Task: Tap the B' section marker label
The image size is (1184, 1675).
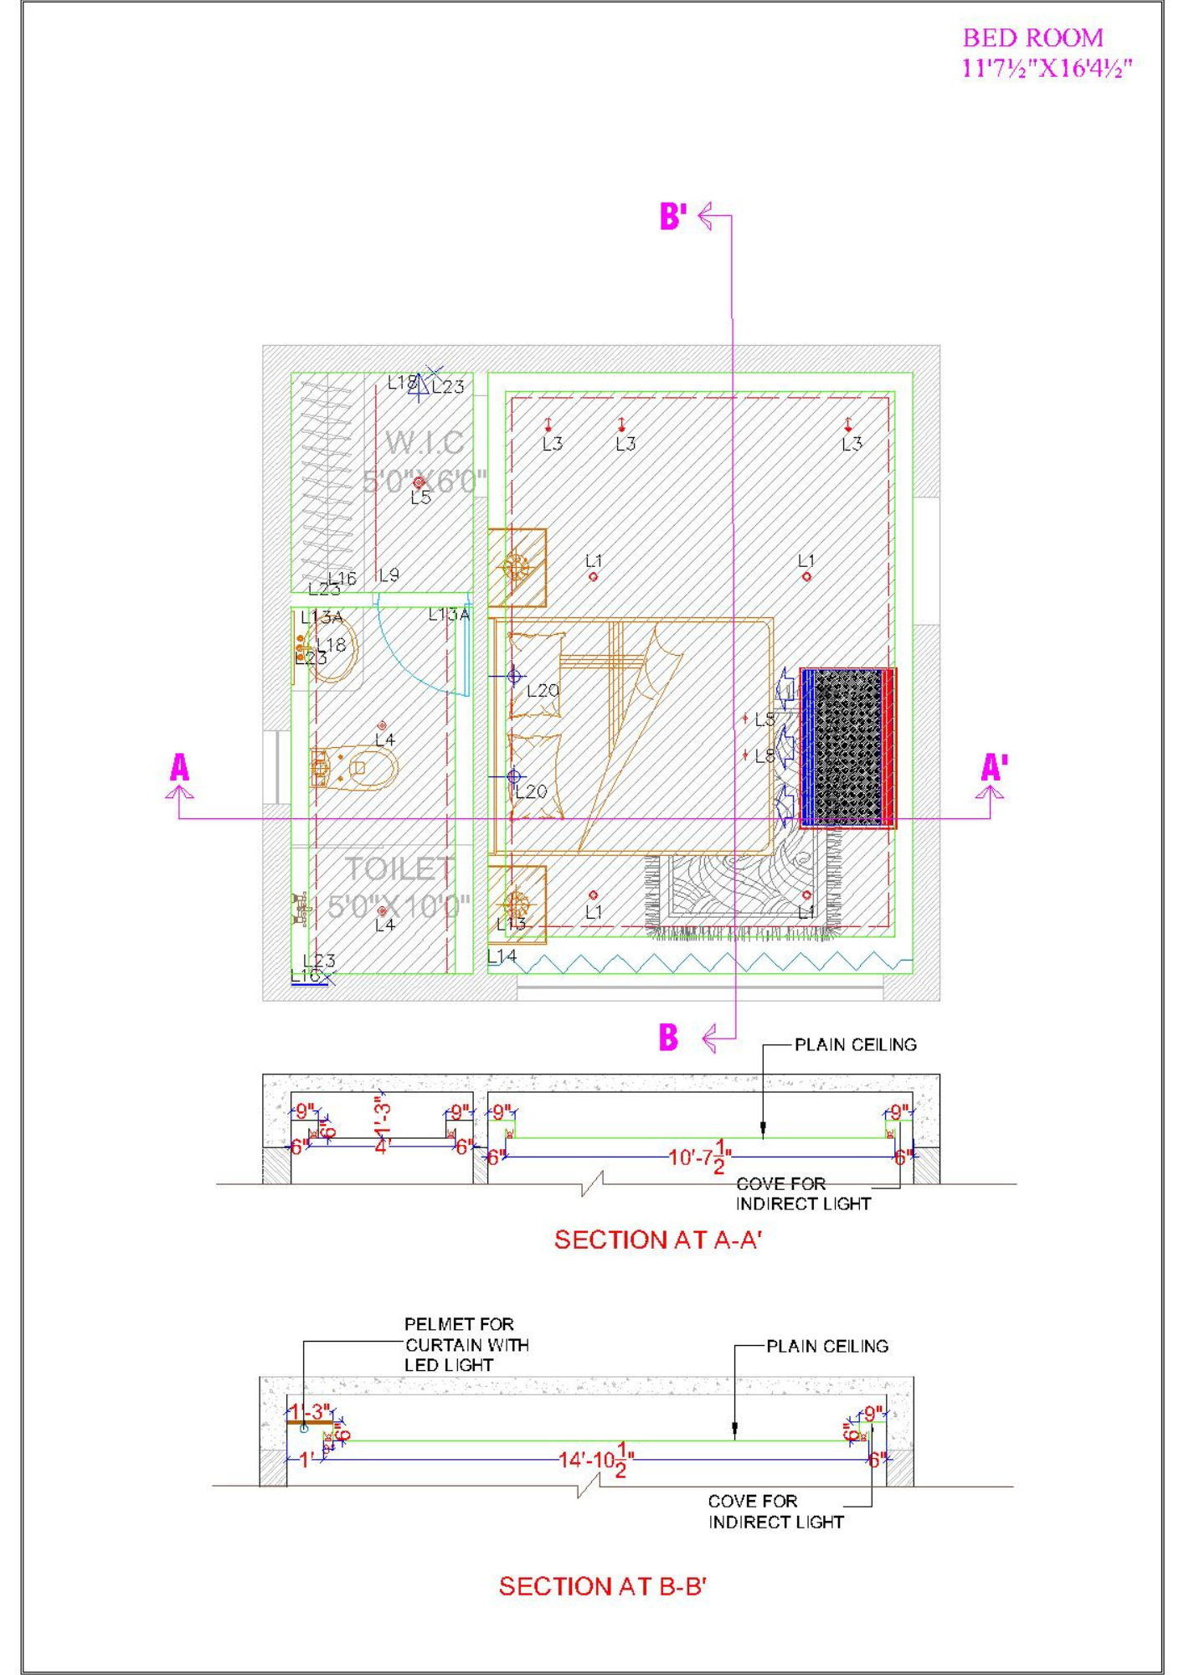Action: tap(673, 216)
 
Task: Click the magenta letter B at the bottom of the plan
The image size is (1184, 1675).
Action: tap(668, 1037)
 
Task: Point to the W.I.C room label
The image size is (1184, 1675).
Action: tap(425, 442)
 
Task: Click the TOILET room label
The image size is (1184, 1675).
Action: tap(399, 869)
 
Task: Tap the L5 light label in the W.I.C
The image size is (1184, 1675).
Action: tap(420, 497)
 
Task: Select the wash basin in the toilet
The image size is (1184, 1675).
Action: tap(332, 648)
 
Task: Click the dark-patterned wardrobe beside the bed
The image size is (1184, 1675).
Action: tap(847, 748)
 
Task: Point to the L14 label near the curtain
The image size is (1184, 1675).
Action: tap(502, 956)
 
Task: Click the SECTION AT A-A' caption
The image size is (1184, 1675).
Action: tap(657, 1239)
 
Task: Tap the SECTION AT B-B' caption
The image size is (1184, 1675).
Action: tap(602, 1586)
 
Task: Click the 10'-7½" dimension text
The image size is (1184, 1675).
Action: tap(700, 1157)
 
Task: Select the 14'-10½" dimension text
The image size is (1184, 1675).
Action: tap(596, 1460)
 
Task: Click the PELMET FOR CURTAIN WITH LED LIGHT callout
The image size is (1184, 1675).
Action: tap(466, 1344)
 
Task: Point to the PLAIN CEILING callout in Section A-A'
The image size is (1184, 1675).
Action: tap(855, 1044)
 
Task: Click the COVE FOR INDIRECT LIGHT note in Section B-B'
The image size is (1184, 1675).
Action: tap(775, 1512)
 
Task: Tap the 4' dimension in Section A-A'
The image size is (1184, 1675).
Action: tap(382, 1147)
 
